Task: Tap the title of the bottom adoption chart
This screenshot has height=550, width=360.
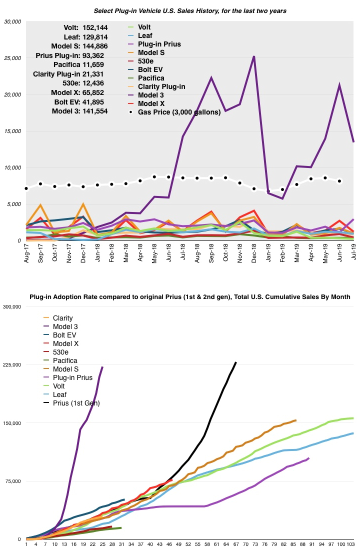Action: tap(190, 297)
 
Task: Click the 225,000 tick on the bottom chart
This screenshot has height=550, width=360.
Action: tap(12, 365)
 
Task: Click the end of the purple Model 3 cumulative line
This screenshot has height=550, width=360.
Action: tap(102, 367)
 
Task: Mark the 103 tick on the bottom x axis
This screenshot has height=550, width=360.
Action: tap(351, 544)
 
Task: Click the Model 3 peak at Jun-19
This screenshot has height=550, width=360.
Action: tap(340, 85)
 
